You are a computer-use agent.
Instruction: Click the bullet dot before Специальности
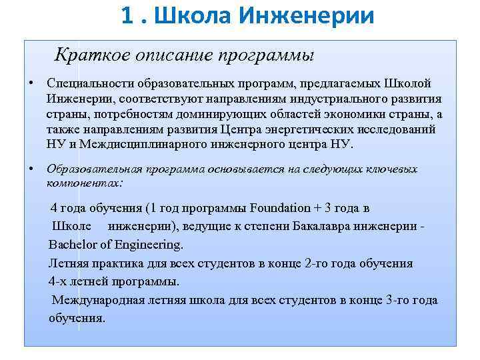(x=31, y=83)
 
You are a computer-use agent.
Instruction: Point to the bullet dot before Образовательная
(x=31, y=169)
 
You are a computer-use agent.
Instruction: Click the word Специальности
(x=90, y=83)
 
